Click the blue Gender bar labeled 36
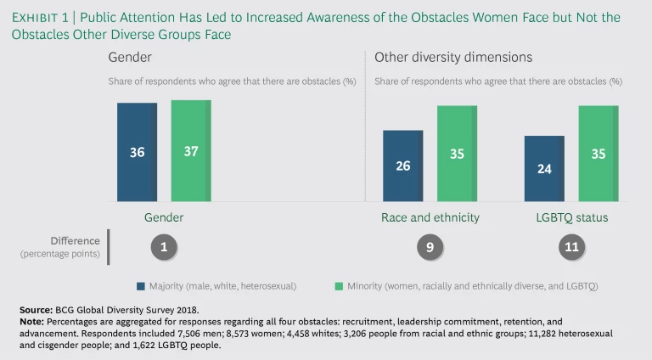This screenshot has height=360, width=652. [x=137, y=152]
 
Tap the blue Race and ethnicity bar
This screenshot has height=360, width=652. [x=402, y=166]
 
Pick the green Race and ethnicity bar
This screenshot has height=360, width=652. [x=457, y=154]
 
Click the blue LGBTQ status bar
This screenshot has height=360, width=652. [x=544, y=168]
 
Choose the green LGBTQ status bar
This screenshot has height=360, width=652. [x=599, y=154]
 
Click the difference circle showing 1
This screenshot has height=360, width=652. [x=164, y=247]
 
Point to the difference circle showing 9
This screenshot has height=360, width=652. [x=430, y=247]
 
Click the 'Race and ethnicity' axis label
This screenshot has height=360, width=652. [x=430, y=217]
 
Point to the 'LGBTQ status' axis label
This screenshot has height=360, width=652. [x=571, y=217]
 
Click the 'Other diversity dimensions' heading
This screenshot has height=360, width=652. [x=453, y=57]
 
